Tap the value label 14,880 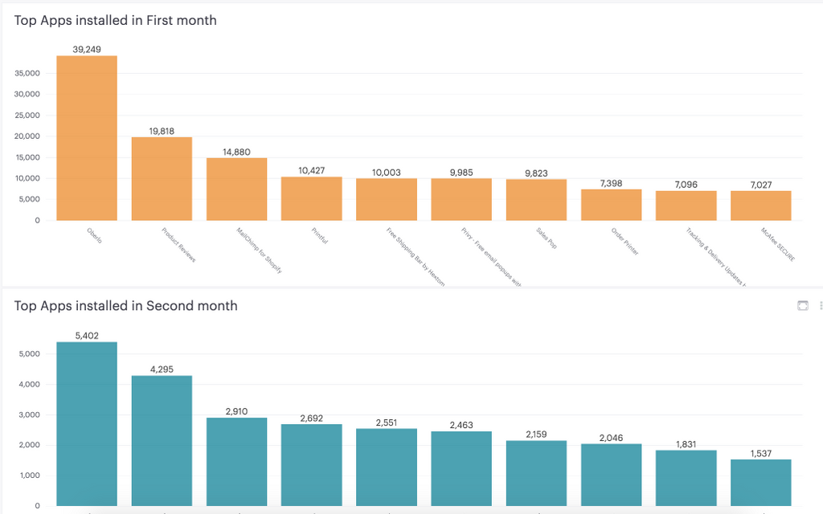[236, 152]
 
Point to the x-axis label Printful [319, 236]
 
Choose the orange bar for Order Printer [611, 205]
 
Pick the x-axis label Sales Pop [547, 239]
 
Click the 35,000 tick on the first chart [27, 73]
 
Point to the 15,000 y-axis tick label [27, 157]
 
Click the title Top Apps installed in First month [116, 21]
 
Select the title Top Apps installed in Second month [125, 306]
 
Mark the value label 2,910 [236, 411]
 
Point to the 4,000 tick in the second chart [30, 385]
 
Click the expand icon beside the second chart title [801, 306]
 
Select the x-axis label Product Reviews [178, 245]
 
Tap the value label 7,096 [686, 185]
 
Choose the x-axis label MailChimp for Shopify [259, 251]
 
